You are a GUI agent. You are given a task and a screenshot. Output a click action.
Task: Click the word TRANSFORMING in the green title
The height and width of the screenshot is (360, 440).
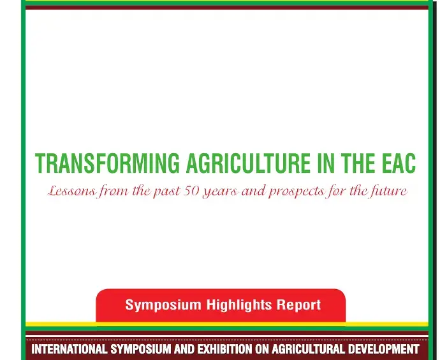[x=107, y=163]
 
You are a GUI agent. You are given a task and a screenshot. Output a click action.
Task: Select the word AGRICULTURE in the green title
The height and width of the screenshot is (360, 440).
[x=248, y=163]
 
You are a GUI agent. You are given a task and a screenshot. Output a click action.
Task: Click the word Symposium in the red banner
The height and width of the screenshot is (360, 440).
[x=163, y=305]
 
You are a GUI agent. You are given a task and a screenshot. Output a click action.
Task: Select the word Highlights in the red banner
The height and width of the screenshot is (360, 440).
[x=239, y=305]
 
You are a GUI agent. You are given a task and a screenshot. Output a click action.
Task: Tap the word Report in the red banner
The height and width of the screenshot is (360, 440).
[x=298, y=305]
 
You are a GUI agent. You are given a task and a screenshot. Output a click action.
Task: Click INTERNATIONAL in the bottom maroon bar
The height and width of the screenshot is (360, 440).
[x=69, y=349]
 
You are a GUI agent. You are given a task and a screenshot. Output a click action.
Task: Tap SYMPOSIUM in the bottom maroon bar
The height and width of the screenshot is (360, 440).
[x=141, y=349]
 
